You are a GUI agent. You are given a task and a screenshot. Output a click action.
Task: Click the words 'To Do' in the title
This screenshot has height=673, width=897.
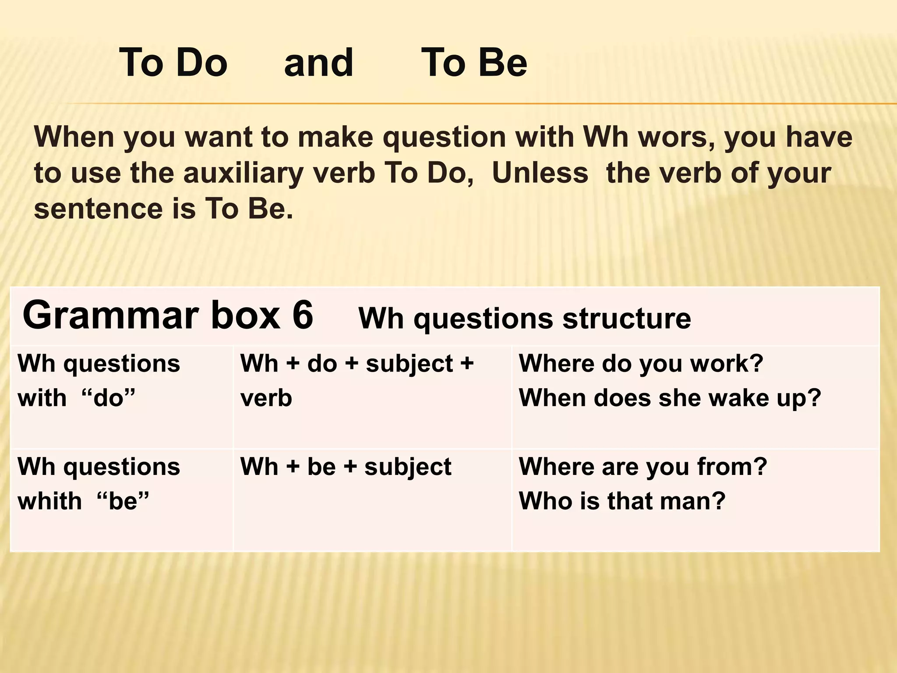[x=173, y=63]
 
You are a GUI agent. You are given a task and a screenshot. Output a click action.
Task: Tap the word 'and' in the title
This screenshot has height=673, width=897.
[x=318, y=63]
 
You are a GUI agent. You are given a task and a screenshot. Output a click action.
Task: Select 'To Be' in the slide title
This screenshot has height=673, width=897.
[x=474, y=63]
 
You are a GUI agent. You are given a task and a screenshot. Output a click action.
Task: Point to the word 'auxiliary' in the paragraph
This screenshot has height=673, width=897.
[x=243, y=173]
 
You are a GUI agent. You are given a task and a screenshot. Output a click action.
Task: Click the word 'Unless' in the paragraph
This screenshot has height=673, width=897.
[x=540, y=173]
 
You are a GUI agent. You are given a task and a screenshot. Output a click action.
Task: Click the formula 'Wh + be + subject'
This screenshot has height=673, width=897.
[x=346, y=467]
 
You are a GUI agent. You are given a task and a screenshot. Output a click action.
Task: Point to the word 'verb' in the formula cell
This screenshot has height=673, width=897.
[x=266, y=398]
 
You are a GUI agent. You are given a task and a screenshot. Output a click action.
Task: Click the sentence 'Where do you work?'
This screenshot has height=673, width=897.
[x=641, y=364]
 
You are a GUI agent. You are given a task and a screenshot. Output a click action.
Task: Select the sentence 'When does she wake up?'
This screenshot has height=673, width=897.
[x=670, y=398]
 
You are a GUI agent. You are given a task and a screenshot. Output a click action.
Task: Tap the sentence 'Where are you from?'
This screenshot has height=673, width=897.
[x=643, y=467]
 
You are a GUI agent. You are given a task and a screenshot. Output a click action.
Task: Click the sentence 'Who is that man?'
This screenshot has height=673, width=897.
[x=622, y=501]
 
